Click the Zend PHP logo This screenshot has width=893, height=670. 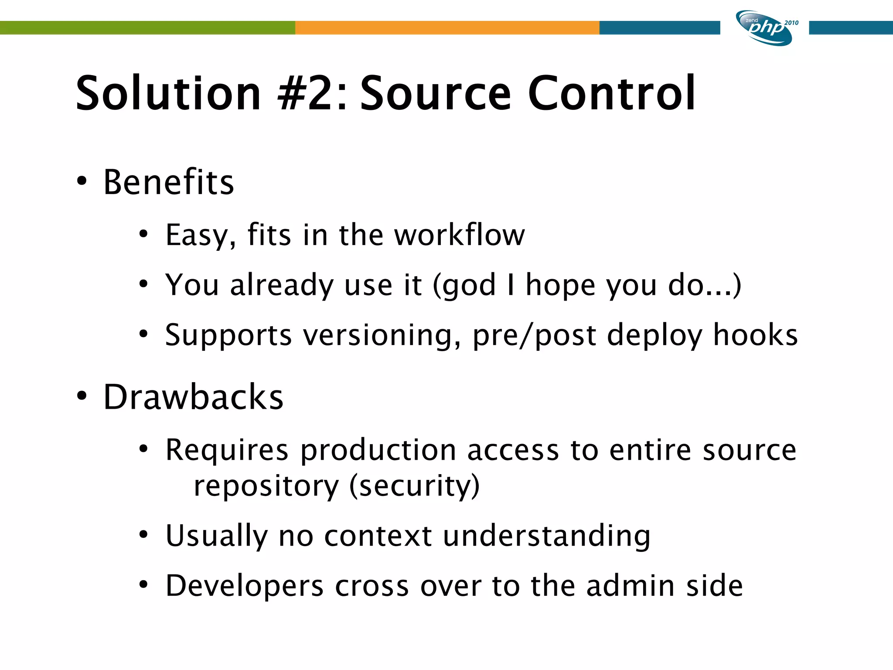(x=765, y=28)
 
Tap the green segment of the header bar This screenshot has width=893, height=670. (x=147, y=27)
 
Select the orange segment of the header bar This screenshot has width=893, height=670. (x=447, y=27)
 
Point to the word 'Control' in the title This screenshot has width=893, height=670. (x=611, y=93)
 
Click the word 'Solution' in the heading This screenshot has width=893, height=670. (x=168, y=93)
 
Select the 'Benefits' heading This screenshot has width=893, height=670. (x=169, y=182)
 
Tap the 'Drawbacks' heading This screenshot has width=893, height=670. (x=193, y=397)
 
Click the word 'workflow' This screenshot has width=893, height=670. (x=460, y=235)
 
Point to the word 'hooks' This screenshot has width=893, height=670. (x=755, y=335)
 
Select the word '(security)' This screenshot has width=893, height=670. (x=415, y=486)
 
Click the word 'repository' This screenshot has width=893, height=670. (x=266, y=486)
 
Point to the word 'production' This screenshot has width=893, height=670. (x=378, y=450)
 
